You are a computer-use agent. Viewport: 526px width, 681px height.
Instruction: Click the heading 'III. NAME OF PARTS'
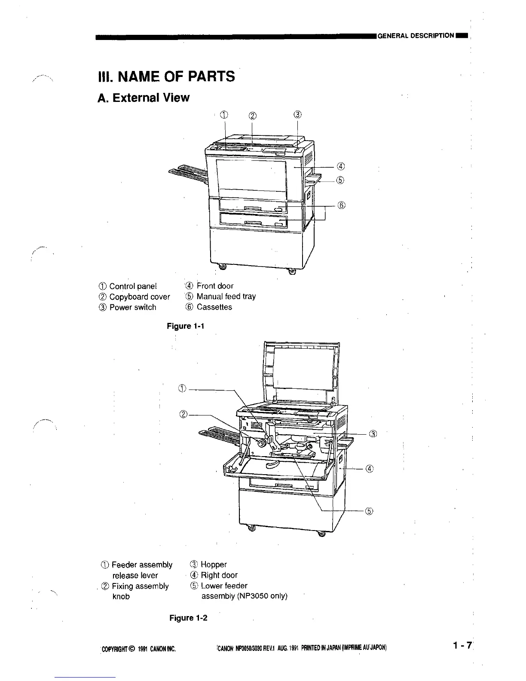point(166,77)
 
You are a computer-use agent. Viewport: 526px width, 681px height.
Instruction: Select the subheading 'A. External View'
point(144,98)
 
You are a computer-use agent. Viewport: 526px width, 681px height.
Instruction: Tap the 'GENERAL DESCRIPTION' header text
point(416,36)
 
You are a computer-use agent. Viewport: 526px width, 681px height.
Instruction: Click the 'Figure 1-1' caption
point(185,326)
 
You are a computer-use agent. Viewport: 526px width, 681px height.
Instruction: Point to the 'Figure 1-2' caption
point(188,618)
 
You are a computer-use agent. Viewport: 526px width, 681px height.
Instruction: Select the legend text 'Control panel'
point(133,286)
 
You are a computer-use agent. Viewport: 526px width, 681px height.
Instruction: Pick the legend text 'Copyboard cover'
point(140,297)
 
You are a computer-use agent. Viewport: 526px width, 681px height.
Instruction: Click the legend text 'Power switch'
point(133,307)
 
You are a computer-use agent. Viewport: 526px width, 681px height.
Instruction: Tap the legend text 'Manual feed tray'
point(226,297)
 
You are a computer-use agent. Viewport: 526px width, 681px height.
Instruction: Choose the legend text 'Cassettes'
point(214,307)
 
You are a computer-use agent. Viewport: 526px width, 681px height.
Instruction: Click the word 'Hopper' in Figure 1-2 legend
point(214,564)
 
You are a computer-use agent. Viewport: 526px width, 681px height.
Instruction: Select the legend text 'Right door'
point(219,575)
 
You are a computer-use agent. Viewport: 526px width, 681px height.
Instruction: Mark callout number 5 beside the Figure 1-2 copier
point(369,511)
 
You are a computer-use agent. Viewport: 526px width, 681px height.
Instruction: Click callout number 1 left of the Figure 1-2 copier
point(182,390)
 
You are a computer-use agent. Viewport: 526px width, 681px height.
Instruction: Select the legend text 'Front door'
point(215,286)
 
